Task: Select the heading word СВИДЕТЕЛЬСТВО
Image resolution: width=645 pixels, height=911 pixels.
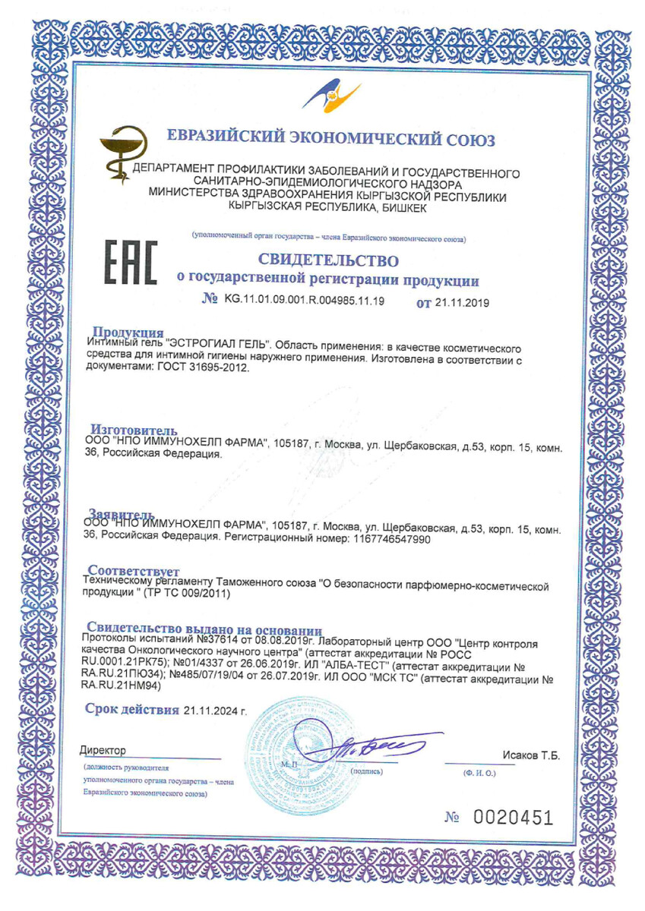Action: pyautogui.click(x=328, y=260)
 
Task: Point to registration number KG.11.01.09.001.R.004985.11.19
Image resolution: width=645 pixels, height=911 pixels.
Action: pyautogui.click(x=304, y=301)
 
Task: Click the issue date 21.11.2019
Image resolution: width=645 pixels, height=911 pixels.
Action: pyautogui.click(x=461, y=302)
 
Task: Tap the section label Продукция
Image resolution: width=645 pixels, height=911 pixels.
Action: pyautogui.click(x=128, y=333)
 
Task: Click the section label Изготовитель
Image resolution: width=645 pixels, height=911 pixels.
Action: pyautogui.click(x=134, y=430)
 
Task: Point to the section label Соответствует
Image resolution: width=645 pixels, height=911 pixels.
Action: pyautogui.click(x=133, y=570)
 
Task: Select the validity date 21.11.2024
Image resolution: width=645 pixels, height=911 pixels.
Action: pyautogui.click(x=210, y=711)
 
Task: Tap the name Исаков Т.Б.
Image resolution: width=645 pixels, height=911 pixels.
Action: pyautogui.click(x=531, y=755)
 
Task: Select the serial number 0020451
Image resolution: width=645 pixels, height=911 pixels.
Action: pyautogui.click(x=513, y=818)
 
